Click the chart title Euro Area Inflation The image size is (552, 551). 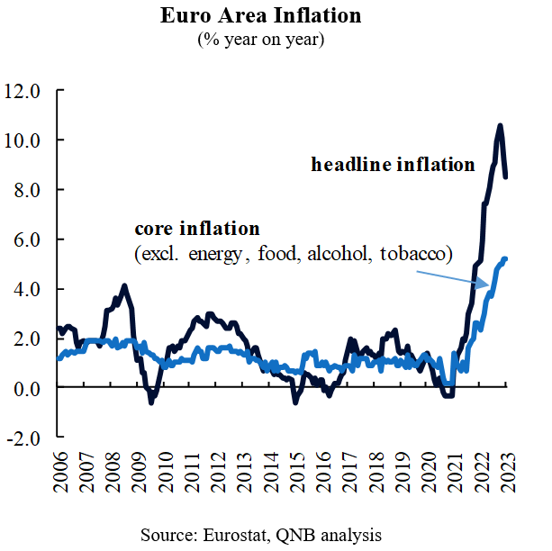261,15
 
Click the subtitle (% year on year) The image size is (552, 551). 261,39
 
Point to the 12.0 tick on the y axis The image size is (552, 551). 23,91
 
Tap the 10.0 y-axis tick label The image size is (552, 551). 23,140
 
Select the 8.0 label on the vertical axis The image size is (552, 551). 27,190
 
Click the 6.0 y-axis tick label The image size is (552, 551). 27,239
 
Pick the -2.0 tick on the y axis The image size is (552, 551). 24,438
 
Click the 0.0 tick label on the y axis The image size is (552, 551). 27,388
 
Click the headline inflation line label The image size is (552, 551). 393,165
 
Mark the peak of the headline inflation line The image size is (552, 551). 500,126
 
